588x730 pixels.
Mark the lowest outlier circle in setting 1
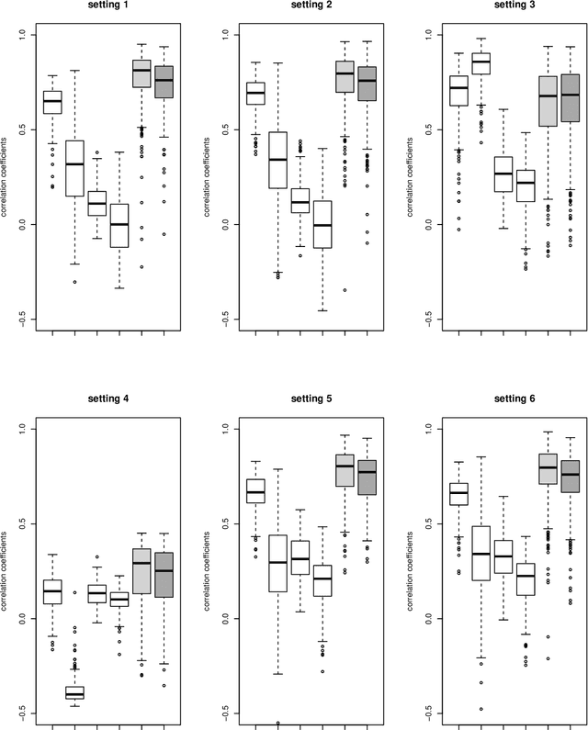click(74, 282)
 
